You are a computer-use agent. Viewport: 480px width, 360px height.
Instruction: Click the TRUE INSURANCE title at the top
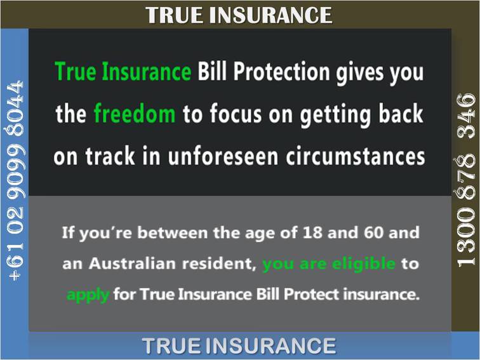tap(239, 15)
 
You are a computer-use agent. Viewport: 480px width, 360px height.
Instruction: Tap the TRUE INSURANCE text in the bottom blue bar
tap(239, 345)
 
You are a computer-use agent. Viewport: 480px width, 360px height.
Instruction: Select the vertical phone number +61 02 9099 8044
tap(16, 180)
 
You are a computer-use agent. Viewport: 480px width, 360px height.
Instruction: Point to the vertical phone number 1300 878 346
tap(466, 180)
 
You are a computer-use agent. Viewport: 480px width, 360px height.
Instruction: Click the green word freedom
tap(135, 113)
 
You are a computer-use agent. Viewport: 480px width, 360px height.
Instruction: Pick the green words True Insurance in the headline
tap(123, 71)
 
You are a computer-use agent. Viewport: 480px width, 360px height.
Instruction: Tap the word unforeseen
tap(223, 156)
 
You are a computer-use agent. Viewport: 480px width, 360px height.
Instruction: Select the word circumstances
tap(356, 156)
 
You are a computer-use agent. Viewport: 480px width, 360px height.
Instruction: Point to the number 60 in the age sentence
tap(373, 232)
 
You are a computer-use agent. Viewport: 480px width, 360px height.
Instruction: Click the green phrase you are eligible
tap(329, 264)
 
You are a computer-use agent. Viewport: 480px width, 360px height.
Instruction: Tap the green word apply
tap(88, 295)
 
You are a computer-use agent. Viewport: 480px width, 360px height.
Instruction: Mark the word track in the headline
tap(110, 156)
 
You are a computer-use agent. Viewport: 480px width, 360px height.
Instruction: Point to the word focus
tap(236, 113)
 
